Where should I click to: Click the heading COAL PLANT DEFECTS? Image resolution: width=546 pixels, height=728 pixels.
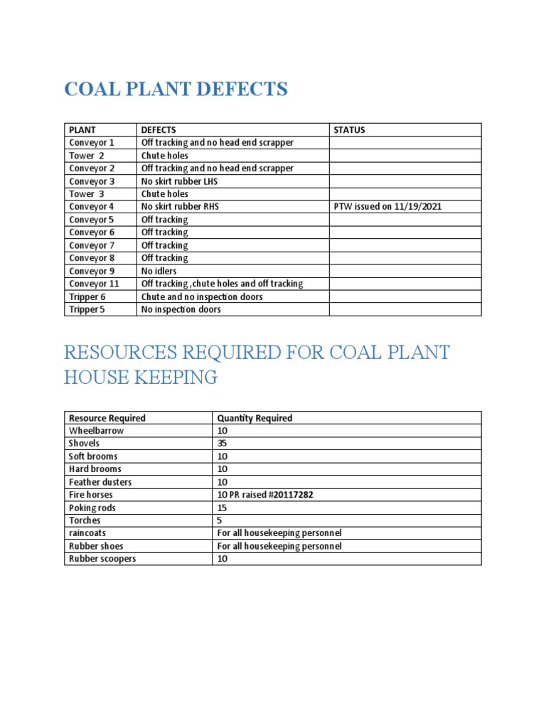(176, 90)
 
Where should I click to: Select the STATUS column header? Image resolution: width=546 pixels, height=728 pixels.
(349, 130)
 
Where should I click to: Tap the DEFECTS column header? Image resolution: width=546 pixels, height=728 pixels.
(159, 130)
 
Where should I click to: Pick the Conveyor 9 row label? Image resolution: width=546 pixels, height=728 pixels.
(92, 271)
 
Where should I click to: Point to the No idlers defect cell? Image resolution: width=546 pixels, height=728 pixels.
(159, 271)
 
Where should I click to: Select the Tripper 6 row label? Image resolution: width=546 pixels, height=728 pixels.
(87, 296)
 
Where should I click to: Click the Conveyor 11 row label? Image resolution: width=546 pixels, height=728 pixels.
(94, 284)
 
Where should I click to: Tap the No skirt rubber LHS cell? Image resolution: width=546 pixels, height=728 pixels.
(179, 181)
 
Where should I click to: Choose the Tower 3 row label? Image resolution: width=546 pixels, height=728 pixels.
(87, 194)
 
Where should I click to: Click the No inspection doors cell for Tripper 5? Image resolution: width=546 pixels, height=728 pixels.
(181, 309)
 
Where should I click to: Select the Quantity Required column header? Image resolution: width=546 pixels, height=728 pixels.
(255, 418)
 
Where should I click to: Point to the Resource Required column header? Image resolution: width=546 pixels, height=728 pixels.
(107, 418)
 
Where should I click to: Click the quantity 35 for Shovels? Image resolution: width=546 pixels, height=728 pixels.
(222, 444)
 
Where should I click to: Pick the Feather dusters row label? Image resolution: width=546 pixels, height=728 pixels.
(100, 482)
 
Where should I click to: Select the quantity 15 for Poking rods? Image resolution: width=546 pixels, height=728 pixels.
(222, 508)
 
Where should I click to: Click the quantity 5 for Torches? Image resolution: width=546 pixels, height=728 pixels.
(220, 520)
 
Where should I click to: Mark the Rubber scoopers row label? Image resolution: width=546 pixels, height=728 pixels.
(102, 559)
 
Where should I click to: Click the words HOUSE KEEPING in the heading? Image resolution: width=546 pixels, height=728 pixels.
(141, 378)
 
